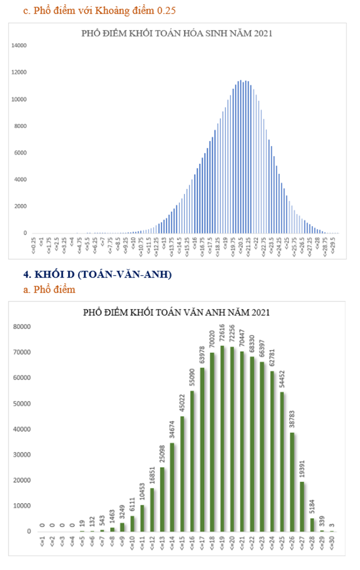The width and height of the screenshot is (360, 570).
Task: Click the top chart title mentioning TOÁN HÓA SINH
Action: click(x=177, y=34)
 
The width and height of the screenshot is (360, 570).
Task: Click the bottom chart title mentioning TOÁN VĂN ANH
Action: click(x=176, y=313)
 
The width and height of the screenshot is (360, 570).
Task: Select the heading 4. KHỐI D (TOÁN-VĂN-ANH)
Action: click(x=97, y=275)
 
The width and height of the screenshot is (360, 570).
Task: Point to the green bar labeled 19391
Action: click(x=302, y=507)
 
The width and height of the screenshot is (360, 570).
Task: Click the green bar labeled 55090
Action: click(x=192, y=461)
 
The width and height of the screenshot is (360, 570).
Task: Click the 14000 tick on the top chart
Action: click(x=19, y=46)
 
